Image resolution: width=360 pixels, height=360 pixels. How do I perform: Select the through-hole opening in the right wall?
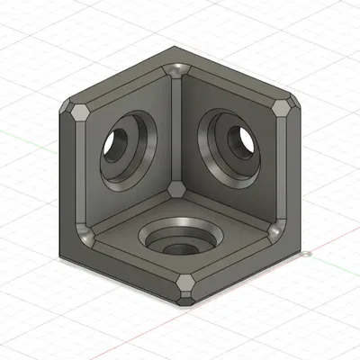pos(242,138)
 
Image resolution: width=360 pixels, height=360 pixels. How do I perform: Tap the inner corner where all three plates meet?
pos(177,188)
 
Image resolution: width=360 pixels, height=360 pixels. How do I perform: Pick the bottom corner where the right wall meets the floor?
pos(275,235)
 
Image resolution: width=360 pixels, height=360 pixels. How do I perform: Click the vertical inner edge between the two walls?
pos(178,130)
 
